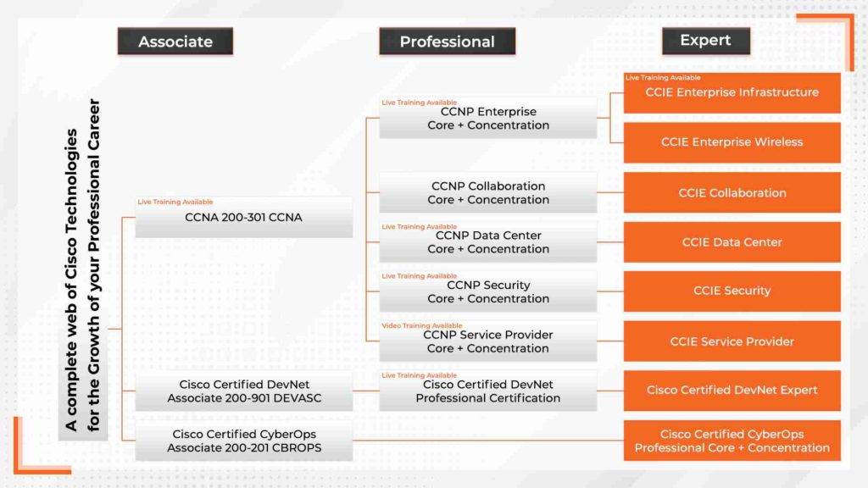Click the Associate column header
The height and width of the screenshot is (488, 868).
point(175,42)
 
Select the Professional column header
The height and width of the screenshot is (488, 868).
point(447,42)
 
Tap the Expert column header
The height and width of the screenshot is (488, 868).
point(706,41)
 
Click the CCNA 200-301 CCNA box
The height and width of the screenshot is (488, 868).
point(243,218)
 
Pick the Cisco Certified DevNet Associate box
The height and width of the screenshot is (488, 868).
point(243,391)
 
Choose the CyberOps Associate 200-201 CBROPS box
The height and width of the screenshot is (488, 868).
point(243,441)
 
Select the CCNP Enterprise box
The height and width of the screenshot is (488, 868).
point(488,119)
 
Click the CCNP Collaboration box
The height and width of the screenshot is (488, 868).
point(488,193)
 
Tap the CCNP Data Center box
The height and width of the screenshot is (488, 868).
point(488,242)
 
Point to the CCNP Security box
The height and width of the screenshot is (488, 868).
point(488,292)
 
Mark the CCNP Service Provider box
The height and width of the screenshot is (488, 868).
point(488,341)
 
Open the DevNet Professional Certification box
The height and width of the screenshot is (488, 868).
point(488,391)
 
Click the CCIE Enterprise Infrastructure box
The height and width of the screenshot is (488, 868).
point(732,93)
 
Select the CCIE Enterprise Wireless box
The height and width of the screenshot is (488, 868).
point(732,142)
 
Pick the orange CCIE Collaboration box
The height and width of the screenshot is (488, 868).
point(732,193)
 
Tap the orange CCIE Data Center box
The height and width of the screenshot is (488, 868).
point(732,242)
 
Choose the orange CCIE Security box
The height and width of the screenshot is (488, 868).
point(732,291)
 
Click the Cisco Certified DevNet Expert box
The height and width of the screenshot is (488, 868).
point(732,391)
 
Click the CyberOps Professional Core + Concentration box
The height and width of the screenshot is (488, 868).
point(732,441)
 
